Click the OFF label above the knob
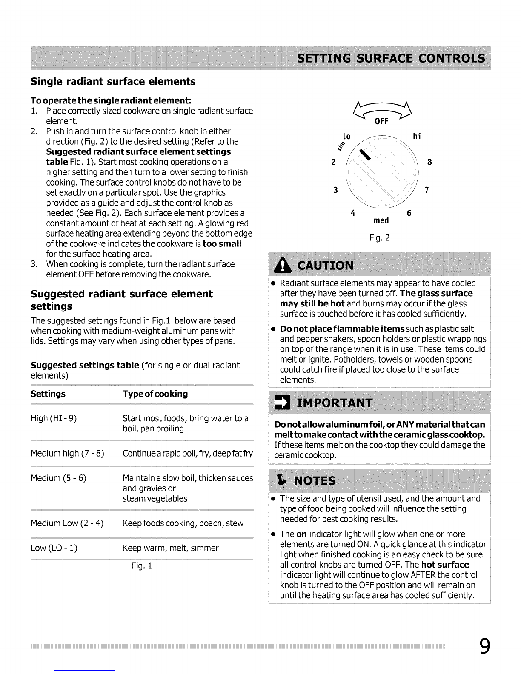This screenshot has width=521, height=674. point(381,122)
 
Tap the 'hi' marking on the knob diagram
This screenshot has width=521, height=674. point(417,136)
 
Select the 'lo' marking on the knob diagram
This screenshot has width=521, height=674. point(346,137)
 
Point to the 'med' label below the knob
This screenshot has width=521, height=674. point(381,220)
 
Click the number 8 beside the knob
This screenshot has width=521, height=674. point(429,162)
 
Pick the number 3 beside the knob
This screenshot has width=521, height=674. point(335,190)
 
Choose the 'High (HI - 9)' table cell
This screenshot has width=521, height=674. point(54,418)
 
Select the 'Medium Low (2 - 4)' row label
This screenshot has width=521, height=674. point(67,523)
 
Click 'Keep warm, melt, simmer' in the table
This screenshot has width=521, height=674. point(170,548)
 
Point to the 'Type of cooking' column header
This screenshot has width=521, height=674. point(155,394)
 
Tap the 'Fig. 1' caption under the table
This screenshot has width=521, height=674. point(142,566)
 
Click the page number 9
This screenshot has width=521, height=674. point(484,647)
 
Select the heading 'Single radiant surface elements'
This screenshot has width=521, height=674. point(113,81)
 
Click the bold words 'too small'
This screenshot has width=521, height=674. point(222,244)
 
